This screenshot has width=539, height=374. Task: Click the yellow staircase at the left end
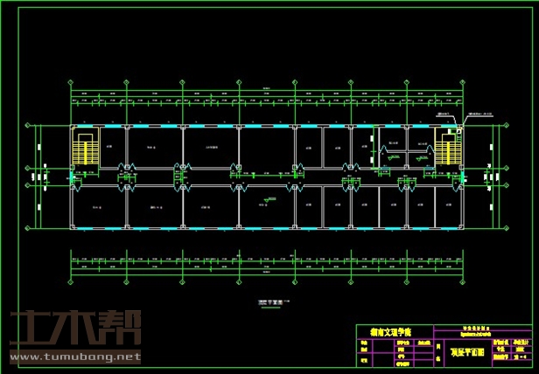[86, 149]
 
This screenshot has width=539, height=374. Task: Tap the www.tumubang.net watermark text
[74, 357]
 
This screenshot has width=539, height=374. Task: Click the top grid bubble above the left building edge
[70, 83]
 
